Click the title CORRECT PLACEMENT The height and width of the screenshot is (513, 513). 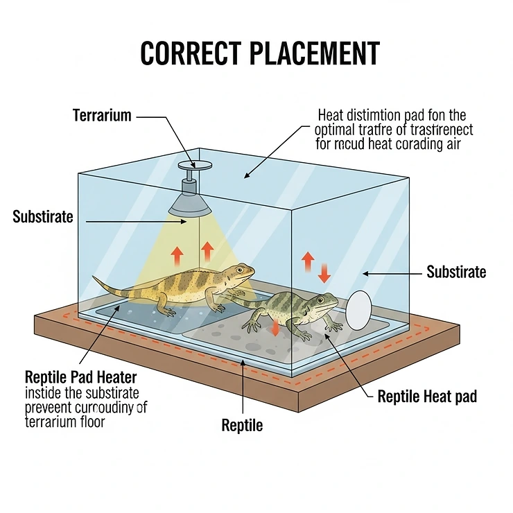260,54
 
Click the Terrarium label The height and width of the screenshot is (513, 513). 102,115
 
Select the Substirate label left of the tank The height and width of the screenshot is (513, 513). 43,217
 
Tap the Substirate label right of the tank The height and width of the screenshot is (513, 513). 456,272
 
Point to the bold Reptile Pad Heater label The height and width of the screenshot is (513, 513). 80,378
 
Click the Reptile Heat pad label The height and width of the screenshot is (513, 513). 427,397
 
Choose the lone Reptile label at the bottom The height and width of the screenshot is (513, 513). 242,425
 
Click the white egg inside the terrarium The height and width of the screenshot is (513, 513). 359,310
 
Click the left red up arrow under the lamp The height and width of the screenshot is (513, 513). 177,256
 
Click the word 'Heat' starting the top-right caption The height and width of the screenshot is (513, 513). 331,115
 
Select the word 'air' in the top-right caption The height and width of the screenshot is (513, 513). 453,144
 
